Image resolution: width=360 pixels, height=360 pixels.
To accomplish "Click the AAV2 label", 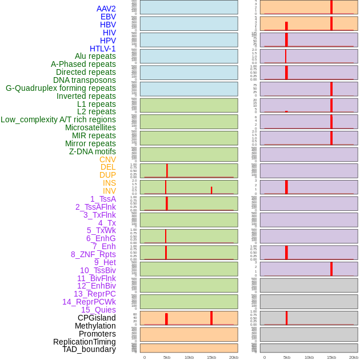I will [x=106, y=9].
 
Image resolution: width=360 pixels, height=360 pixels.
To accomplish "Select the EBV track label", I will [x=108, y=17].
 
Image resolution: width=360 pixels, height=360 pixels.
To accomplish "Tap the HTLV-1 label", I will [x=103, y=49].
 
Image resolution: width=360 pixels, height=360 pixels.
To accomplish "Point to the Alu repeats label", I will [x=95, y=56].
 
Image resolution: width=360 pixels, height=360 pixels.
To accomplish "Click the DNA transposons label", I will [x=85, y=80].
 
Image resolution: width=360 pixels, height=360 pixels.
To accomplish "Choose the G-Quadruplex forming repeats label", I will [x=61, y=88].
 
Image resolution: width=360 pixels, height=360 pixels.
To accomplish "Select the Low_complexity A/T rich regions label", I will [x=58, y=119].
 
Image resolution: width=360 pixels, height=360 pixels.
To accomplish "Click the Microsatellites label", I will [x=90, y=127].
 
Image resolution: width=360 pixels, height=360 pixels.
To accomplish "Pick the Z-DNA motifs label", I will [x=93, y=151].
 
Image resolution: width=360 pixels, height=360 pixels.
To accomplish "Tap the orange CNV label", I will [x=107, y=159].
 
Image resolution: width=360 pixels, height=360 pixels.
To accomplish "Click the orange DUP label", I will [x=107, y=175].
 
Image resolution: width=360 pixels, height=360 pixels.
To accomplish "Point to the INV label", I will [x=109, y=191].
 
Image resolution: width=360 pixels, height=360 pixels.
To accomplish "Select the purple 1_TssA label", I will [x=103, y=199].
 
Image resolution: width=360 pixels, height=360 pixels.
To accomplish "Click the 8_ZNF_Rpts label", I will [x=93, y=254].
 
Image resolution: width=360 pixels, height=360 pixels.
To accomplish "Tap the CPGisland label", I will [x=97, y=318].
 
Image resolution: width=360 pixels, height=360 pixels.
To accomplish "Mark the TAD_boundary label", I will [x=89, y=349].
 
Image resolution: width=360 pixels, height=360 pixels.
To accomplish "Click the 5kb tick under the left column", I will [x=167, y=357].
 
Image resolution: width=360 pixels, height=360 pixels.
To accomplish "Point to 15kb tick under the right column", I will [x=331, y=357].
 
